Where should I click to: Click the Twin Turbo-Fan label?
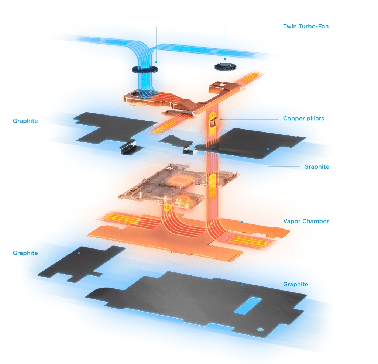pos(306,27)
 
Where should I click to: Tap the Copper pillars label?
pos(303,119)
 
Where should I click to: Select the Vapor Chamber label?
pos(306,221)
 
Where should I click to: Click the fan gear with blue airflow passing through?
pos(145,69)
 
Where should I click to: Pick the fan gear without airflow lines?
pos(226,67)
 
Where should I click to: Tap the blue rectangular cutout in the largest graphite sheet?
pos(248,305)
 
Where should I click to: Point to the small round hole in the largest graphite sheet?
pos(260,330)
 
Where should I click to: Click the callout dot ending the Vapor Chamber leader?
pos(242,222)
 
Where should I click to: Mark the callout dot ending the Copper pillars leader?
pos(221,119)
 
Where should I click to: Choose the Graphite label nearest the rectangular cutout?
pos(296,285)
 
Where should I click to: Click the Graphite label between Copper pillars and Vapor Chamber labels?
pos(316,167)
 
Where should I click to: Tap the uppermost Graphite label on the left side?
pos(25,121)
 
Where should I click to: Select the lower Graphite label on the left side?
pos(25,253)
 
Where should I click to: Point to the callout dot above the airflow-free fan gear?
pos(225,59)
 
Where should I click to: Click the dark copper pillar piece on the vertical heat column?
pos(212,123)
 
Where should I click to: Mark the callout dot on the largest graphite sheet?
pos(242,285)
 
